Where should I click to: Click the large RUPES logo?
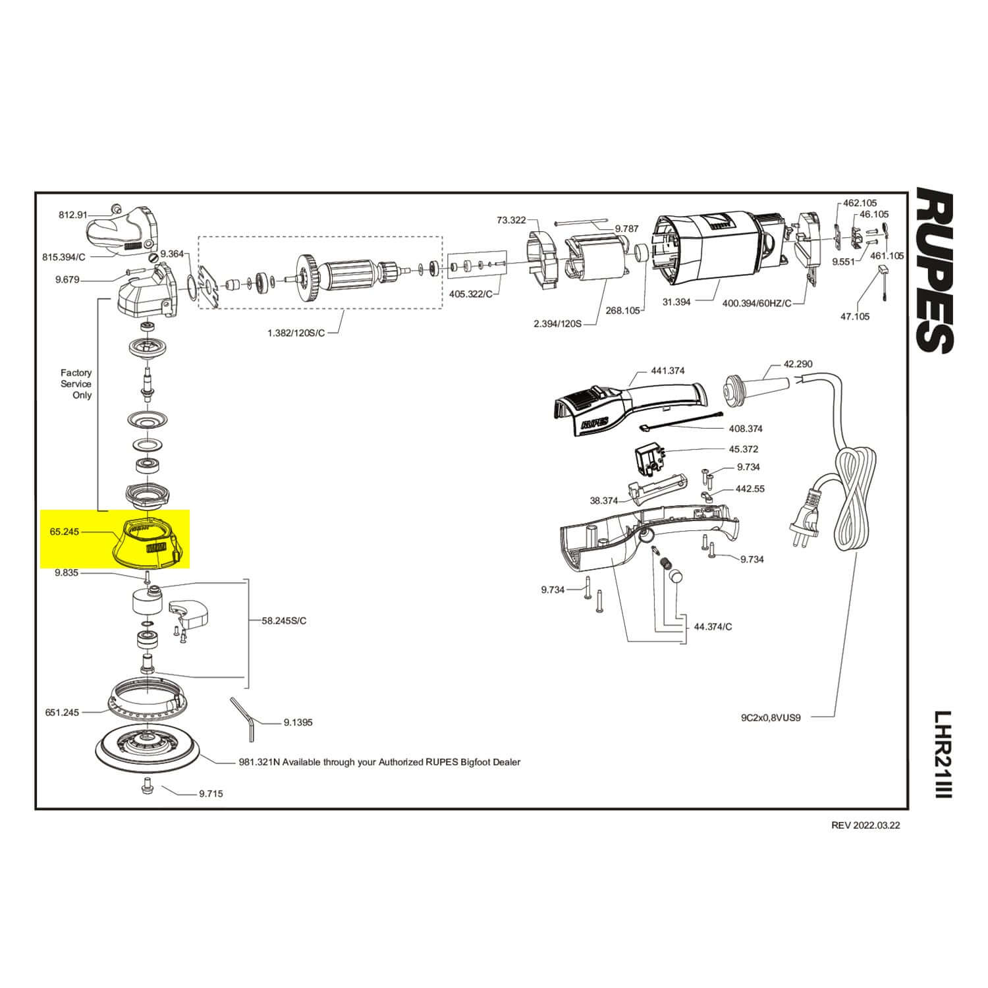tap(935, 271)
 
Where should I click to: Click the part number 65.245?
tap(64, 531)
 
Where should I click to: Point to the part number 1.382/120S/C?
tap(296, 333)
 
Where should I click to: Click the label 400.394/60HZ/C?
tap(757, 302)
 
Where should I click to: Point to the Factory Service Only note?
tap(76, 384)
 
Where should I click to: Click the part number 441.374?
tap(668, 371)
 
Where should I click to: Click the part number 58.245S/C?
tap(284, 620)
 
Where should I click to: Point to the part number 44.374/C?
tap(713, 626)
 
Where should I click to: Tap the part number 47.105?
tap(854, 316)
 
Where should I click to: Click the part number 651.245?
tap(62, 712)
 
